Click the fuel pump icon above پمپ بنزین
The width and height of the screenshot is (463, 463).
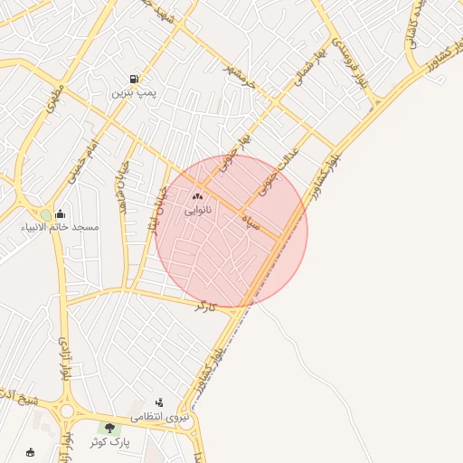click(134, 80)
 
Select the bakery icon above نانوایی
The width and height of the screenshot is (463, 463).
click(198, 196)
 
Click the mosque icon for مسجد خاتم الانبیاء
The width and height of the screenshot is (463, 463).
click(60, 214)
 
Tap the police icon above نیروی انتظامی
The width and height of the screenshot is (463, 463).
click(159, 403)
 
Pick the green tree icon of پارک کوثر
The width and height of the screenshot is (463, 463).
click(110, 428)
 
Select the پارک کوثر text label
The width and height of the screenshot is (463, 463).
click(110, 442)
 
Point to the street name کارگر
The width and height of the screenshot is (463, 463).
click(207, 306)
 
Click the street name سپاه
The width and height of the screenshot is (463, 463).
click(250, 222)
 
